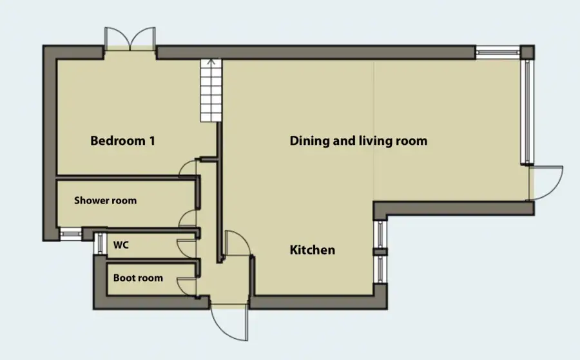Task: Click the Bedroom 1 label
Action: pos(122,141)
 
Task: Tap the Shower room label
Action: pos(106,201)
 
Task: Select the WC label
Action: pos(121,245)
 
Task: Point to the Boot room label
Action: pos(138,278)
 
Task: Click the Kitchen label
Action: pos(312,250)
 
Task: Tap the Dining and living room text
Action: pos(358,141)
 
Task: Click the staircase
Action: pos(211,90)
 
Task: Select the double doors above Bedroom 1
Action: pos(130,39)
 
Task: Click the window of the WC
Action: pos(100,243)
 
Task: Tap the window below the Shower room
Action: pos(70,234)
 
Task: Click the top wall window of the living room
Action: pos(498,52)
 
